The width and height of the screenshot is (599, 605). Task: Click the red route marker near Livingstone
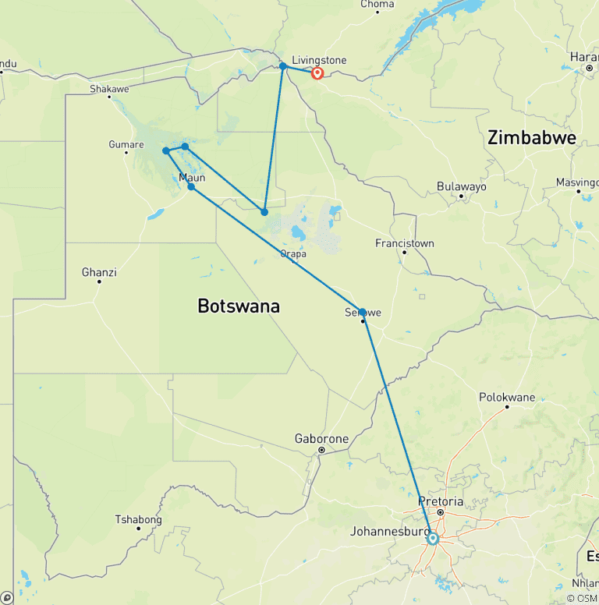317,73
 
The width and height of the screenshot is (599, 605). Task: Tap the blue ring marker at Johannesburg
432,538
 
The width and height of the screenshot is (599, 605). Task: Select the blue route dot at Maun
191,187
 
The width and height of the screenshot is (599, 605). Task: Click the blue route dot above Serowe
362,312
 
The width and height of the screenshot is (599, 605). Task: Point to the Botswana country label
239,306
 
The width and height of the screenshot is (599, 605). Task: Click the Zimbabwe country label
531,139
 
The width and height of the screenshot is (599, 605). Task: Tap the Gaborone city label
321,439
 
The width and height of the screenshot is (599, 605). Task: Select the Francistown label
404,243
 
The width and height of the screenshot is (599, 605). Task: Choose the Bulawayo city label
462,187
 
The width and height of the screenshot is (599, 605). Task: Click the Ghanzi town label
99,272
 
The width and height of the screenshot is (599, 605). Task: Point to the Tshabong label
138,519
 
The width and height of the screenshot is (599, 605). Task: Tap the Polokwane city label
507,398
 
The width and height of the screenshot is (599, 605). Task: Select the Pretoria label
441,501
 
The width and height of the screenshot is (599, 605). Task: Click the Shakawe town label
109,89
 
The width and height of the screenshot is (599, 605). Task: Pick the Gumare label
126,144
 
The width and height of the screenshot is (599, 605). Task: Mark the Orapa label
293,253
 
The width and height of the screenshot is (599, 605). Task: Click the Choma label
377,5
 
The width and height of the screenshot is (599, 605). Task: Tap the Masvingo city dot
579,191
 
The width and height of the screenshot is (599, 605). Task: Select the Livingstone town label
318,59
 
